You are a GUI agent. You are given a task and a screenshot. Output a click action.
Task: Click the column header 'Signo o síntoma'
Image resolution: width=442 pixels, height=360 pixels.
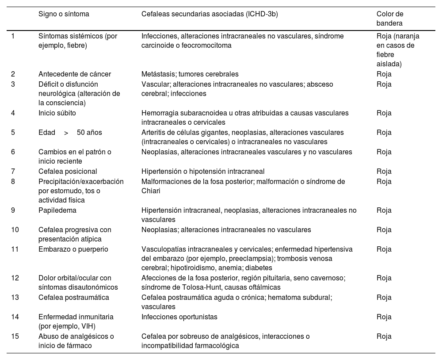64,14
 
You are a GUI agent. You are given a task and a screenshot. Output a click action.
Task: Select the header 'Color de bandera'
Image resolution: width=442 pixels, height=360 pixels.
390,19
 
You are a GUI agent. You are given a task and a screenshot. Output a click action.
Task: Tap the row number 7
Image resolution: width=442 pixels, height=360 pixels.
13,171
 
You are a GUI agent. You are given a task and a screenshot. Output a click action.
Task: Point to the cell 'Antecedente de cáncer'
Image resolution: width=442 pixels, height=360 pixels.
74,74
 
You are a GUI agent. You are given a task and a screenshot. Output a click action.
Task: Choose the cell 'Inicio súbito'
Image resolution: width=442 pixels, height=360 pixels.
57,113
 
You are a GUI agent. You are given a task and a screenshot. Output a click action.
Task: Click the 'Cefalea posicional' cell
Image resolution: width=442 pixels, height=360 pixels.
68,171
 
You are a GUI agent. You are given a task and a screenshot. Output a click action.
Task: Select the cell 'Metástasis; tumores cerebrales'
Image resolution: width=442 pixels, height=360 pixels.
190,74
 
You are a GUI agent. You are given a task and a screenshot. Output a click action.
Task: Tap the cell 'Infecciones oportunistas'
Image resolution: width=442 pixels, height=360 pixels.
179,317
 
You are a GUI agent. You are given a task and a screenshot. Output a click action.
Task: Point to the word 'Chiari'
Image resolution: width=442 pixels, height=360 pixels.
151,191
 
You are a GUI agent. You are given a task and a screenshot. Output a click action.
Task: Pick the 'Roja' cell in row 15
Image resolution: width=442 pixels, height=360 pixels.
384,336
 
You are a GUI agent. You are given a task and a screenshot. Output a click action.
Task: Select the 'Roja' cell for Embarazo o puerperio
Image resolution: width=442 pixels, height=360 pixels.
384,249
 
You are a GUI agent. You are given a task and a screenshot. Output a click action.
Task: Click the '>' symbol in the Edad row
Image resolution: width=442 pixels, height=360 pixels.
66,132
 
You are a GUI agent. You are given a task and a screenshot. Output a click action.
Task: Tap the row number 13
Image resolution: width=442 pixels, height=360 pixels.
15,297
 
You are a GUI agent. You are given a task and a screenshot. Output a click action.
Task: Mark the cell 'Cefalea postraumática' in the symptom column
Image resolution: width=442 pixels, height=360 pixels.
73,297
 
